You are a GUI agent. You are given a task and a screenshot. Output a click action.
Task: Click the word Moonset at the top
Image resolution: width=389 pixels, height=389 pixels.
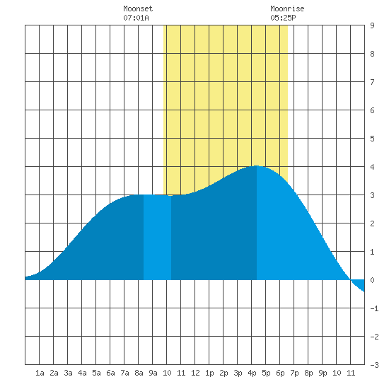[x=138, y=8]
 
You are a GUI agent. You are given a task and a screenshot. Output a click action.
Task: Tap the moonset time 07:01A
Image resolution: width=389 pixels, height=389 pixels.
[x=136, y=18]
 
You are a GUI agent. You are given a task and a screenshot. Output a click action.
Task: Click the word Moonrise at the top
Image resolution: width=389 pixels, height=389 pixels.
[x=287, y=8]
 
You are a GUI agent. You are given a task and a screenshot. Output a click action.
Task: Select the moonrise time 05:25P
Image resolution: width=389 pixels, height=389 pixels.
[x=283, y=18]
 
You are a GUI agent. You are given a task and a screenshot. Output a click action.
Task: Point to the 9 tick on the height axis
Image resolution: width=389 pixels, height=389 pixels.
[x=372, y=25]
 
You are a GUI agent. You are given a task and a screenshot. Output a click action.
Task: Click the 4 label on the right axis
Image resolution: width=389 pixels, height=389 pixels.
[x=372, y=167]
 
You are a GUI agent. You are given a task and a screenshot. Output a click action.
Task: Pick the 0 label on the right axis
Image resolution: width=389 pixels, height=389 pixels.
[x=372, y=280]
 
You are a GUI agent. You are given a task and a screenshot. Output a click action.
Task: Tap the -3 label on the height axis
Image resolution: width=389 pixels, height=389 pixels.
[x=374, y=365]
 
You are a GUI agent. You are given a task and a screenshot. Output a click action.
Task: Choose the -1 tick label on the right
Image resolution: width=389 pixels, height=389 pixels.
[x=374, y=308]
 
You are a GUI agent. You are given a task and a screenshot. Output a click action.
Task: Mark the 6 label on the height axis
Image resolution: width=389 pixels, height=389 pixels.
[x=372, y=110]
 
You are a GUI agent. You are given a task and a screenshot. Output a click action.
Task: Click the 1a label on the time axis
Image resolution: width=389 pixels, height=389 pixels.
[x=40, y=373]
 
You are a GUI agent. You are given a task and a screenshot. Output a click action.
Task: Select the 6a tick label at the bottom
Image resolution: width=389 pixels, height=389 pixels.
[x=110, y=373]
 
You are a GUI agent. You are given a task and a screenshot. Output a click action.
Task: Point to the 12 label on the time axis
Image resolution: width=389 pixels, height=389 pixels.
[x=195, y=373]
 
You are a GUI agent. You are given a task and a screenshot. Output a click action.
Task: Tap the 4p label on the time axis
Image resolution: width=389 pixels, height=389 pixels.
[x=252, y=373]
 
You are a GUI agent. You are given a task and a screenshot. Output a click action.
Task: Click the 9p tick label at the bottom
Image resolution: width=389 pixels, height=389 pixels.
[x=323, y=373]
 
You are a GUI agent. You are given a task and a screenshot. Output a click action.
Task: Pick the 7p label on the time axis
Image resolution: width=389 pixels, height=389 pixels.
[x=294, y=373]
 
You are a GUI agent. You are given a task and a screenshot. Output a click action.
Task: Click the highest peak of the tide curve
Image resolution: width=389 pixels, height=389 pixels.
[x=257, y=166]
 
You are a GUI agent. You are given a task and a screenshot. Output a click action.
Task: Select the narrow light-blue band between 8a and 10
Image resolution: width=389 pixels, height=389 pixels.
[x=157, y=237]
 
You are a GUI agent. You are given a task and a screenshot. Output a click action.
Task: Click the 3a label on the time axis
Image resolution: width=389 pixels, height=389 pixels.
[x=68, y=373]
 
